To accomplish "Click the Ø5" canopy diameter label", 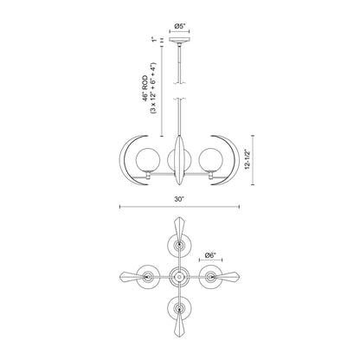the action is tap(179, 26).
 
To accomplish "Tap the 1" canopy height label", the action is tap(155, 40).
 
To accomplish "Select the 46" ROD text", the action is tap(145, 88).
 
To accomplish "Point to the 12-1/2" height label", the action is tap(247, 159).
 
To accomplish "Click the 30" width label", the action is tap(179, 199).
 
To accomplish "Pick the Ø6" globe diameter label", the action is tap(210, 255).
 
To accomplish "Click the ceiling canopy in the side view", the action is tap(179, 40).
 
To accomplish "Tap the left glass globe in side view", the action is tap(147, 160).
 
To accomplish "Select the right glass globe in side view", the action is tap(211, 160).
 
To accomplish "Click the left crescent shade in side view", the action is tap(122, 160).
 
